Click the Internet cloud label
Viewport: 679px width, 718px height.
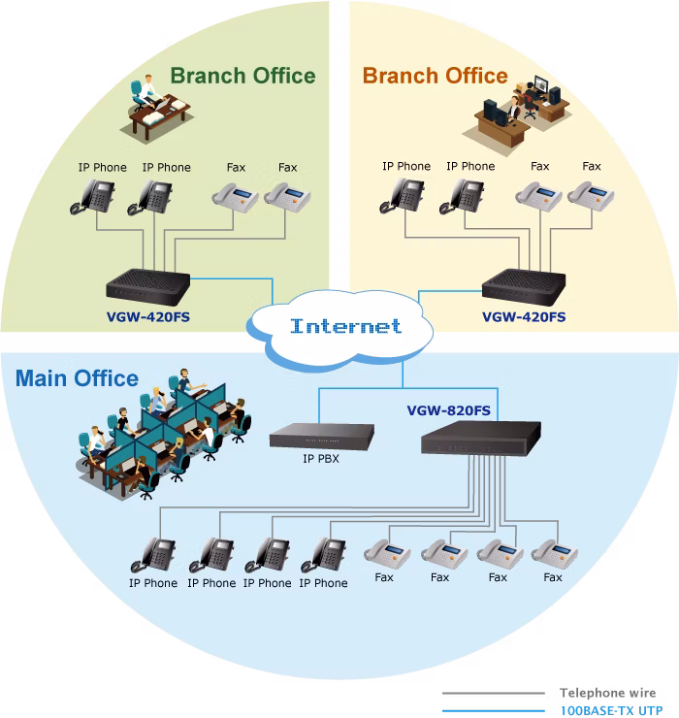click(345, 326)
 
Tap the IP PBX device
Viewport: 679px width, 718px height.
click(322, 436)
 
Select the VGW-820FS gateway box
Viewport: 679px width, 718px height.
click(481, 439)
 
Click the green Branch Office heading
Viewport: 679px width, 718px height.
click(242, 76)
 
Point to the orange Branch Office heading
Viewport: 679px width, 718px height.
click(435, 76)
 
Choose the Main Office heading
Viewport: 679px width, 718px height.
click(77, 378)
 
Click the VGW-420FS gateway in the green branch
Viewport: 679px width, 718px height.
click(147, 287)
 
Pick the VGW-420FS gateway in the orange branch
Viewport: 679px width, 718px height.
click(524, 287)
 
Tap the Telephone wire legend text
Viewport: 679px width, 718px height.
click(607, 693)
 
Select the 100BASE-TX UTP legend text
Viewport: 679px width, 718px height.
click(612, 710)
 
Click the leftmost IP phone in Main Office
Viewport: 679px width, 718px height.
click(153, 555)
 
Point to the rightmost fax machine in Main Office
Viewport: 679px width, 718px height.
click(554, 554)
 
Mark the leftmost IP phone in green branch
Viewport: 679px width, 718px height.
click(92, 197)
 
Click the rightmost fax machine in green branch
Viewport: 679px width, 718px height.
click(287, 197)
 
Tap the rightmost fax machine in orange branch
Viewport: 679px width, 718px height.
click(591, 196)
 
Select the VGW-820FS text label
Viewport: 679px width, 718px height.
click(449, 410)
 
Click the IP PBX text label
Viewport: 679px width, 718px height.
click(321, 458)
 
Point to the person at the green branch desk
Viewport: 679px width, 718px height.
click(149, 90)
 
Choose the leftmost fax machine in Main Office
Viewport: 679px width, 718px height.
click(387, 554)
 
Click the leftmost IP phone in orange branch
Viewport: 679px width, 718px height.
click(402, 196)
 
